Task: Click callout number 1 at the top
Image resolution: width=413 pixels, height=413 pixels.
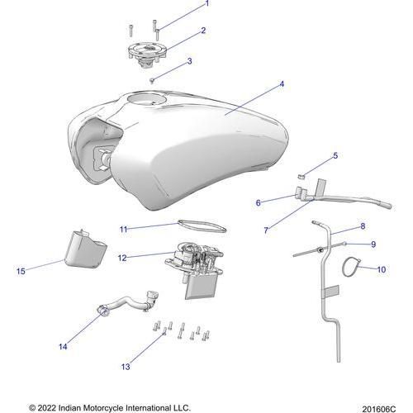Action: [x=207, y=3]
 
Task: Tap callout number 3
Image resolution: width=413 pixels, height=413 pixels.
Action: [x=189, y=61]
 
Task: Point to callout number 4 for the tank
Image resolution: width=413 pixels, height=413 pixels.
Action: [x=282, y=84]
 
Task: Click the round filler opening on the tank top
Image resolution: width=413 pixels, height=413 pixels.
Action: [x=146, y=99]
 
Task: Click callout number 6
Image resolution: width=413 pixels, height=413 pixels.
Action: [x=258, y=202]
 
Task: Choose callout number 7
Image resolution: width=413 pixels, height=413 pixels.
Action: [x=266, y=230]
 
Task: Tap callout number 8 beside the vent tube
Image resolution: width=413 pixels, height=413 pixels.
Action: [x=363, y=226]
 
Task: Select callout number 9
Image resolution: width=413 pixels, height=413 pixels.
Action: [x=373, y=244]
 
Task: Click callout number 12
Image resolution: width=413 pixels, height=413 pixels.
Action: [x=122, y=258]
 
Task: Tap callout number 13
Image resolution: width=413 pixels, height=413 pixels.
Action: [x=126, y=367]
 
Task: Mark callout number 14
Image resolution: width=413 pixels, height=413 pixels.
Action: [x=63, y=347]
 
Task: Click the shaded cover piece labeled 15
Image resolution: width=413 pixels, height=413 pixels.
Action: [x=84, y=249]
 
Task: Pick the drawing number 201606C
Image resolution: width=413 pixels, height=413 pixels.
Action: [x=378, y=409]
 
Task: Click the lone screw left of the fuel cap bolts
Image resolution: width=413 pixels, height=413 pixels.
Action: [x=131, y=31]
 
